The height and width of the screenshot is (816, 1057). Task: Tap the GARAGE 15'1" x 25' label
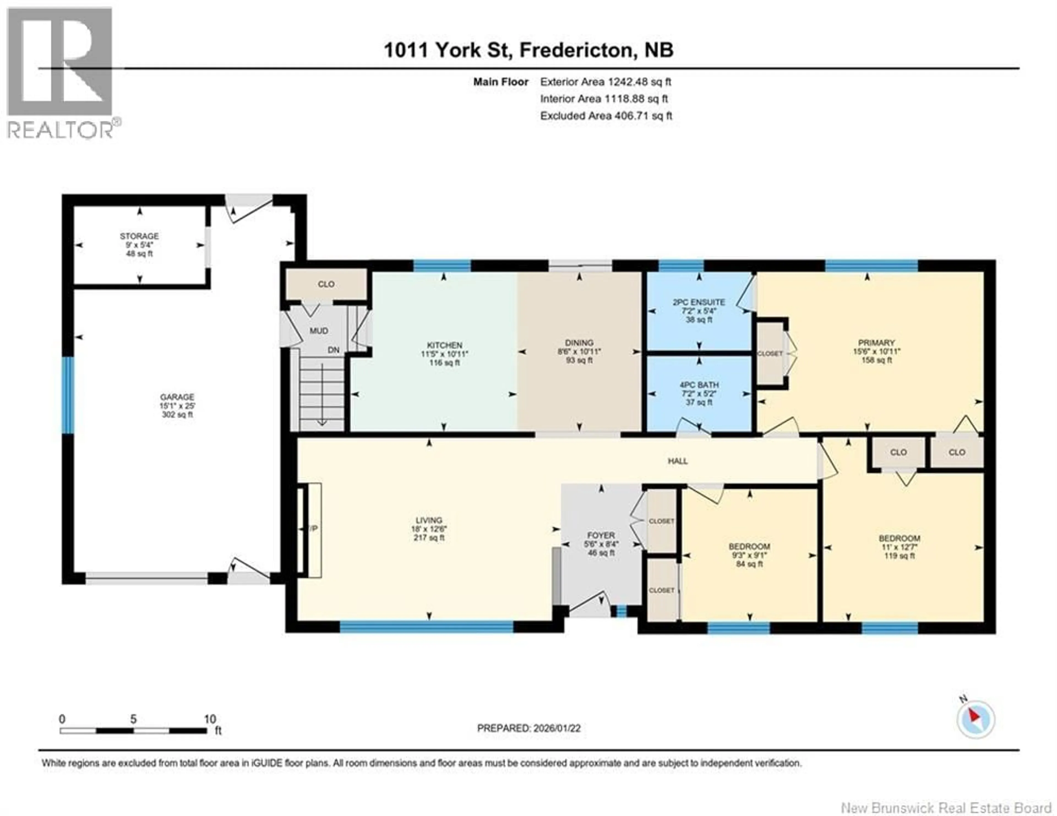[x=177, y=406]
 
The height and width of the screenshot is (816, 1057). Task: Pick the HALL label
[x=678, y=461]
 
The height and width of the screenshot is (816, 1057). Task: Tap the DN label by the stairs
[x=333, y=350]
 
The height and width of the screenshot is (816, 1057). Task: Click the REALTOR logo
[x=61, y=73]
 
